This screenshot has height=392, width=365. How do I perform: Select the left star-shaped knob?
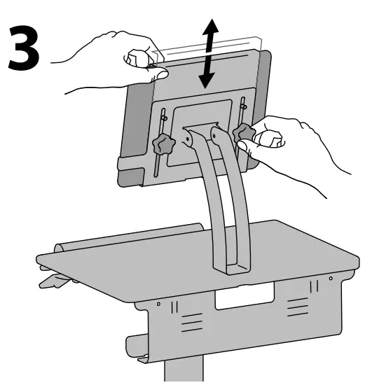pos(162,146)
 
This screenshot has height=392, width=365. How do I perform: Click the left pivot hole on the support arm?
pos(188,140)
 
